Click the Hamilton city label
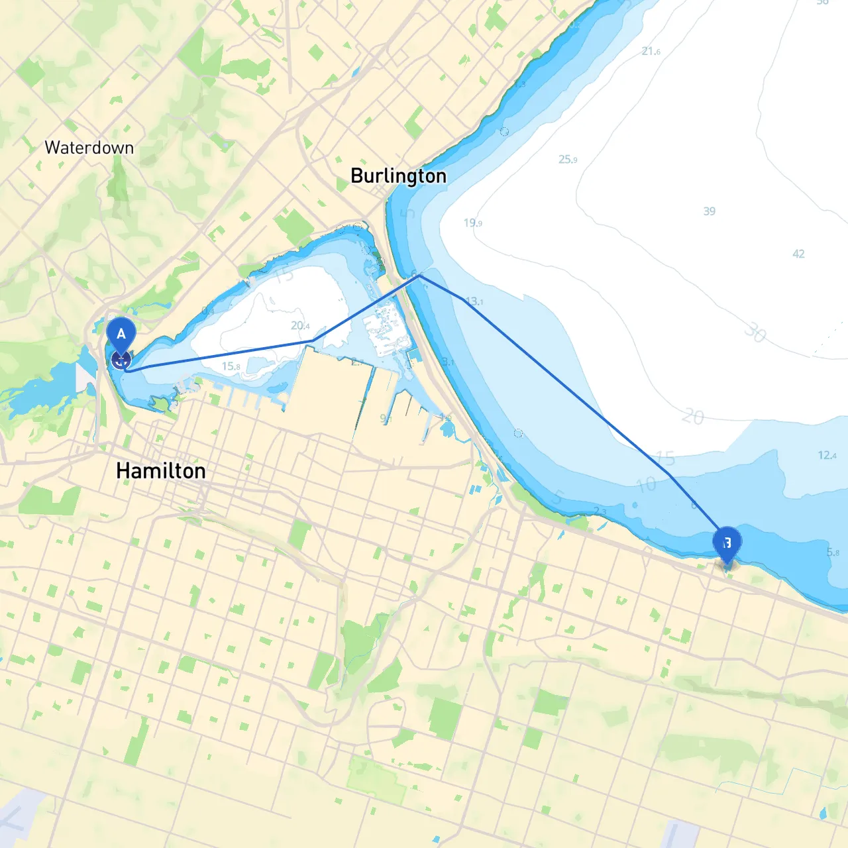pyautogui.click(x=160, y=471)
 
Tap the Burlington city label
pyautogui.click(x=398, y=176)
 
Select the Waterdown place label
pyautogui.click(x=89, y=148)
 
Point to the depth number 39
pyautogui.click(x=709, y=211)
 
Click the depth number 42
pyautogui.click(x=798, y=254)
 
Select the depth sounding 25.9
pyautogui.click(x=568, y=159)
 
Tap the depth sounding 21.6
pyautogui.click(x=651, y=51)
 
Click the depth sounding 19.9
pyautogui.click(x=472, y=223)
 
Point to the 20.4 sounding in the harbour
pyautogui.click(x=299, y=325)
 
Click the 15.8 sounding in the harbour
pyautogui.click(x=231, y=366)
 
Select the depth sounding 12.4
pyautogui.click(x=826, y=455)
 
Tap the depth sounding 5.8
pyautogui.click(x=832, y=552)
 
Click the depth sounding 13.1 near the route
pyautogui.click(x=474, y=301)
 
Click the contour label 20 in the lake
pyautogui.click(x=692, y=417)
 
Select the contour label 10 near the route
pyautogui.click(x=646, y=485)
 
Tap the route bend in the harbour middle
pyautogui.click(x=313, y=341)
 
